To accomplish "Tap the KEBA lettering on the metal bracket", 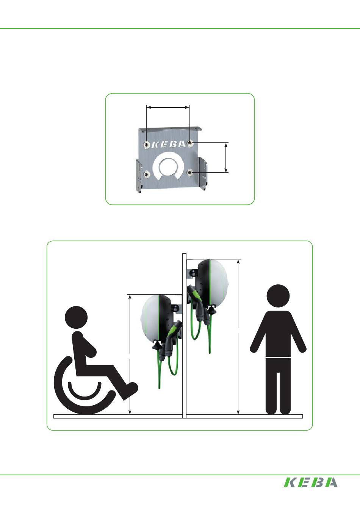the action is (169, 144).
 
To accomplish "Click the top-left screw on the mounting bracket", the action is (146, 144).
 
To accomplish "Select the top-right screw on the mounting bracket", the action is (190, 143).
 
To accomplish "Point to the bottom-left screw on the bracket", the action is (146, 175).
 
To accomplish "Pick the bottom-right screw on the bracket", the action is (189, 173).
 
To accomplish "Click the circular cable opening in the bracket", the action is (168, 167).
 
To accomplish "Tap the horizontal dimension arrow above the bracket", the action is (168, 107).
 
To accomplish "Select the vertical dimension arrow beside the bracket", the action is (226, 158).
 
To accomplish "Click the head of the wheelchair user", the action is (76, 317).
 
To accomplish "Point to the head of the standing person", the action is (278, 296).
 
